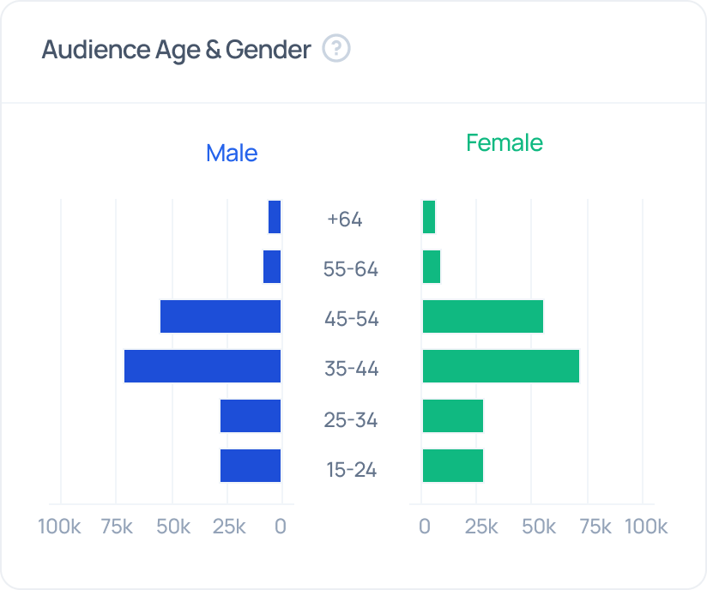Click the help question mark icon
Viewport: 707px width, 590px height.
coord(336,49)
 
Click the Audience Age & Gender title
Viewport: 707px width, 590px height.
coord(176,50)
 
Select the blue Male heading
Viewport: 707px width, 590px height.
coord(232,154)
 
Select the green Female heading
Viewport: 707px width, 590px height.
coord(505,142)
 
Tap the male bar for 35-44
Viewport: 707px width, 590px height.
coord(202,366)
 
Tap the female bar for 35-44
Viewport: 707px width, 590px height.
coord(501,366)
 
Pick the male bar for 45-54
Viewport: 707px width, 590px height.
coord(221,316)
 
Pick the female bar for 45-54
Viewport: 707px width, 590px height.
coord(483,316)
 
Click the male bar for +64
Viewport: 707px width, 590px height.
coord(275,217)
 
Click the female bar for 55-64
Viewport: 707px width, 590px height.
coord(432,267)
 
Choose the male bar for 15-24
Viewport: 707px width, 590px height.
coord(251,466)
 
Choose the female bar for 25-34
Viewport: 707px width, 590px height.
coord(453,416)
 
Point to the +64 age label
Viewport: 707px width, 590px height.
coord(345,219)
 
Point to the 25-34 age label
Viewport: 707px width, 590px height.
coord(351,420)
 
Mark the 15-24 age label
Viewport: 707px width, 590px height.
coord(351,470)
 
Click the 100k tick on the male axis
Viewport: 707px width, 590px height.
coord(59,526)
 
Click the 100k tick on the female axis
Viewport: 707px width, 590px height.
coord(646,526)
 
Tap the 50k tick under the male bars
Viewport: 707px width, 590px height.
coord(173,526)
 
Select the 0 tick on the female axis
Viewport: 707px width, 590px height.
coord(424,526)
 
